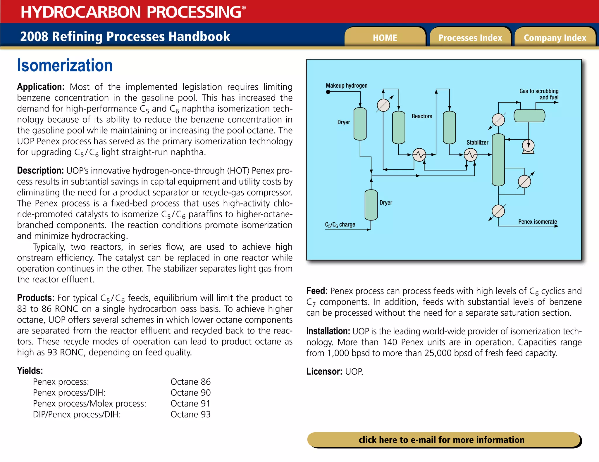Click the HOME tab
click(x=385, y=38)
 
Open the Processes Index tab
click(x=470, y=38)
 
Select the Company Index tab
click(x=555, y=38)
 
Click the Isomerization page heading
click(x=65, y=65)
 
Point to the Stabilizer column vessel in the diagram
click(x=498, y=160)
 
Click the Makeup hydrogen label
click(x=347, y=86)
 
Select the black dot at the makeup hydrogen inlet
click(x=328, y=92)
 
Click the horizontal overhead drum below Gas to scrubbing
click(x=529, y=116)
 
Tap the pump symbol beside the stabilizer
click(x=528, y=146)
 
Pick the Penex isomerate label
click(x=538, y=222)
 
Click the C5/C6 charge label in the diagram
click(x=340, y=225)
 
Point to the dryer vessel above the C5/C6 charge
click(x=371, y=205)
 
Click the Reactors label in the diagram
click(x=422, y=116)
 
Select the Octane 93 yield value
click(x=190, y=414)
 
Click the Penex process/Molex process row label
click(x=89, y=404)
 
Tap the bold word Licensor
click(x=324, y=371)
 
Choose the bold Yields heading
click(x=30, y=371)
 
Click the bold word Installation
click(x=328, y=331)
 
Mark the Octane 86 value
click(x=190, y=382)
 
